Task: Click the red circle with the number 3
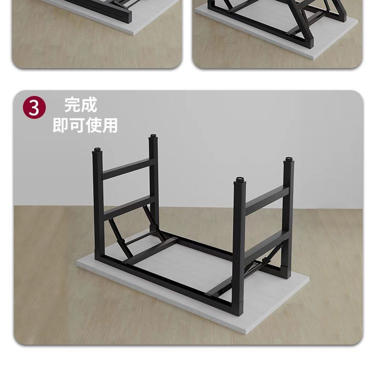coord(34,108)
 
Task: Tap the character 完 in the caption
coord(73,105)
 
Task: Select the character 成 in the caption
coord(89,105)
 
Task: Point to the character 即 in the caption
coord(60,125)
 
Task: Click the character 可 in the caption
coord(77,125)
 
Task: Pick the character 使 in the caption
coord(94,125)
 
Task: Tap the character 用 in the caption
coord(110,125)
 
